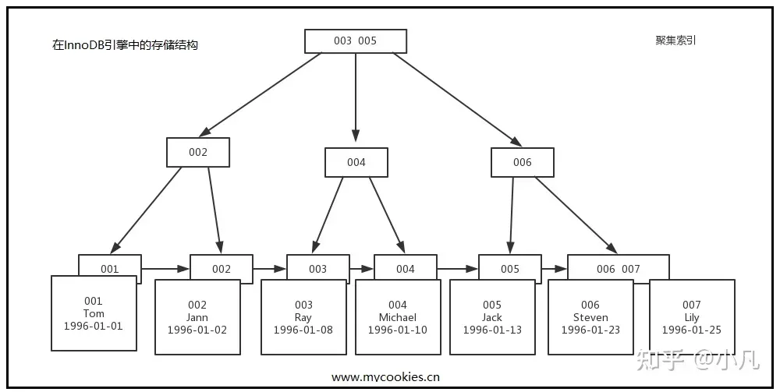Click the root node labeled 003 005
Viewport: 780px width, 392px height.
356,41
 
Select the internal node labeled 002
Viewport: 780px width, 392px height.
198,152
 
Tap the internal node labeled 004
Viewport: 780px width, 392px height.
356,162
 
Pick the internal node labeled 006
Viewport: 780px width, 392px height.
523,162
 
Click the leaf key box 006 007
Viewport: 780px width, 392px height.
619,269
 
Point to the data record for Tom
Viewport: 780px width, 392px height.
94,313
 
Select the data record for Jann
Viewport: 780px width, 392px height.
197,317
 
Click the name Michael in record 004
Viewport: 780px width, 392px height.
398,317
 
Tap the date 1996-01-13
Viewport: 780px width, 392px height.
492,330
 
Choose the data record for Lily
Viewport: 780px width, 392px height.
692,317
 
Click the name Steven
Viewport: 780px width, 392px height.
590,317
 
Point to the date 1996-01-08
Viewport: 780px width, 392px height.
303,330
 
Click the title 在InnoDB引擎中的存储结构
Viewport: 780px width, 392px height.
126,45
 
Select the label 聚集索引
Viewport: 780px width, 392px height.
675,41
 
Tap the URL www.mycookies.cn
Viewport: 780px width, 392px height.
385,377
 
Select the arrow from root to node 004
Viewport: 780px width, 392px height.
355,97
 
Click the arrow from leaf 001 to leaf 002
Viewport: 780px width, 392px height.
165,269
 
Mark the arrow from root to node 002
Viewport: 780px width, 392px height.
261,95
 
